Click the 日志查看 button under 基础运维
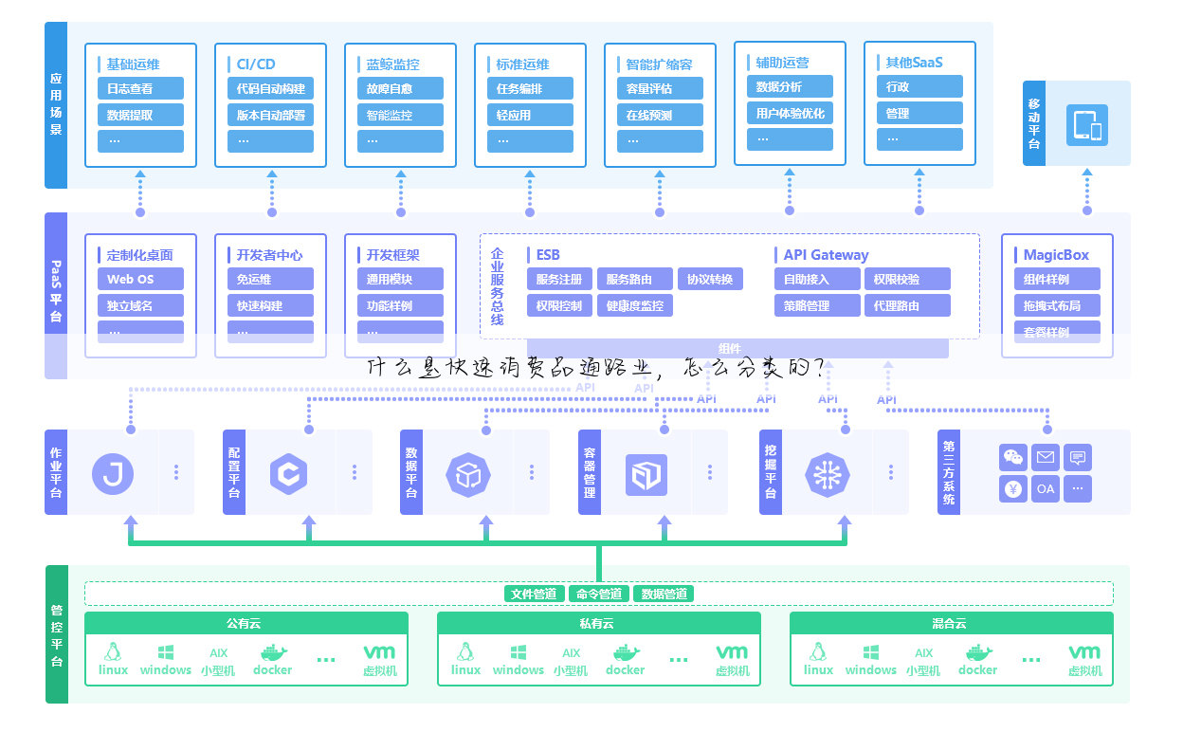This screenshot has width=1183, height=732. click(140, 89)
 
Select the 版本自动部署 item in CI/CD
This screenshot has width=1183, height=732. click(270, 116)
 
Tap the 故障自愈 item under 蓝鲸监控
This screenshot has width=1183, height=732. click(400, 89)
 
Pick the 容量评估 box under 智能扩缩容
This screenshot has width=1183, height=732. click(660, 89)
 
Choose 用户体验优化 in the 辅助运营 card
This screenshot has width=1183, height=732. click(790, 114)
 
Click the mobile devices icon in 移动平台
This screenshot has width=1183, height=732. click(1086, 125)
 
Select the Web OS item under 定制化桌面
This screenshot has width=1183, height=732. click(140, 280)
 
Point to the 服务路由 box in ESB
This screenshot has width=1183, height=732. click(635, 280)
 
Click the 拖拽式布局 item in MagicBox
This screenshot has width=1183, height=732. click(1057, 306)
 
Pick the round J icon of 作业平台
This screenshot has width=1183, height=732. click(113, 473)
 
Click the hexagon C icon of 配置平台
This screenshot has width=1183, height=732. click(289, 473)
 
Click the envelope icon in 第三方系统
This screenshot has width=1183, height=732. click(1046, 458)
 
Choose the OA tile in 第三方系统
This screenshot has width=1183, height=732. click(1046, 489)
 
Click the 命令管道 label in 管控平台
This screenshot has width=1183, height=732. click(598, 595)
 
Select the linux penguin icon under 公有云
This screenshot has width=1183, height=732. click(113, 652)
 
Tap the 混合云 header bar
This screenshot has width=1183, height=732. click(951, 624)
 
